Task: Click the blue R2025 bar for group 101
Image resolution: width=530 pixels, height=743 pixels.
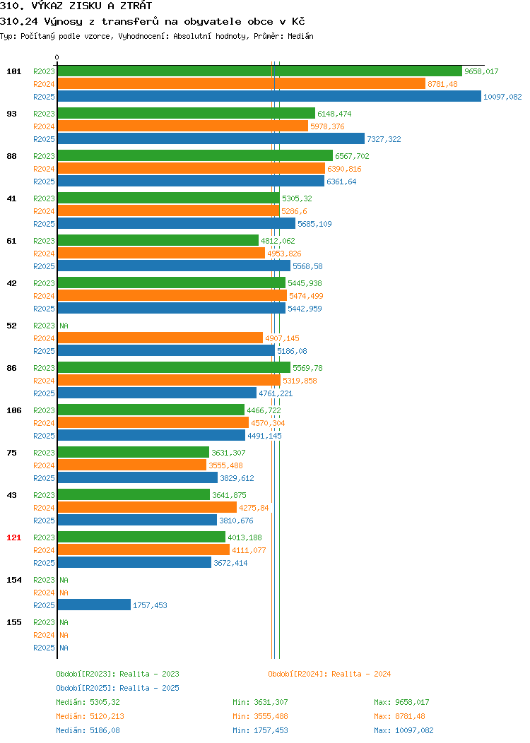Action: (x=269, y=96)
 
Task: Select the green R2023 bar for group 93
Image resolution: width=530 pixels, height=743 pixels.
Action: (x=187, y=113)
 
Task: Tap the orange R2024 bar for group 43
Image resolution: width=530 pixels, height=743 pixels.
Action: (x=147, y=508)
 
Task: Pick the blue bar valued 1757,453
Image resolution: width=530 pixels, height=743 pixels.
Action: (x=94, y=605)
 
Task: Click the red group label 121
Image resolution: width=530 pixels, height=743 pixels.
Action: (x=13, y=537)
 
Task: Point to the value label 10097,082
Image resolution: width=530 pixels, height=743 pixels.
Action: (x=502, y=97)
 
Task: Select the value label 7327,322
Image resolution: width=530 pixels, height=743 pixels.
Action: (x=384, y=139)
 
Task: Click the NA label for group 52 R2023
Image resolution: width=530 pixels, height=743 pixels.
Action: (x=64, y=326)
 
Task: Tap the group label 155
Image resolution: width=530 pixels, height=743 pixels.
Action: (x=13, y=622)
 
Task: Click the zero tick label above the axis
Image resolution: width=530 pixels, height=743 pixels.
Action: (x=57, y=57)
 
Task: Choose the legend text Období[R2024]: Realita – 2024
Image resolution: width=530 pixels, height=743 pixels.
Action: (x=329, y=674)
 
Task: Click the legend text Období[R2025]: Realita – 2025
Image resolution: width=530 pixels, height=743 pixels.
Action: (x=117, y=688)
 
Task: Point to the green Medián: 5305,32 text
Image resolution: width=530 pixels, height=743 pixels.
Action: (x=88, y=702)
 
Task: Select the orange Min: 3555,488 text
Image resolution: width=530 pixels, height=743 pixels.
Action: (x=260, y=716)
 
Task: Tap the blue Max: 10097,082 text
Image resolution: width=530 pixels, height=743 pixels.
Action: (x=404, y=731)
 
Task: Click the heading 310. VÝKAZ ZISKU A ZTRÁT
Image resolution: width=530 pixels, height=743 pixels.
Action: (x=76, y=6)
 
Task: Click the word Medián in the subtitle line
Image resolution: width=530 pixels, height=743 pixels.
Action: (x=300, y=36)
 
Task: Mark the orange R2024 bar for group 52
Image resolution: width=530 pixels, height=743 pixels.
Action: (x=160, y=338)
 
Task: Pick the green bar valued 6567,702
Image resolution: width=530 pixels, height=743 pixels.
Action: (x=195, y=155)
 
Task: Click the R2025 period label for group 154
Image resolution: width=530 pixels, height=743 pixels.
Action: (x=44, y=605)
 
